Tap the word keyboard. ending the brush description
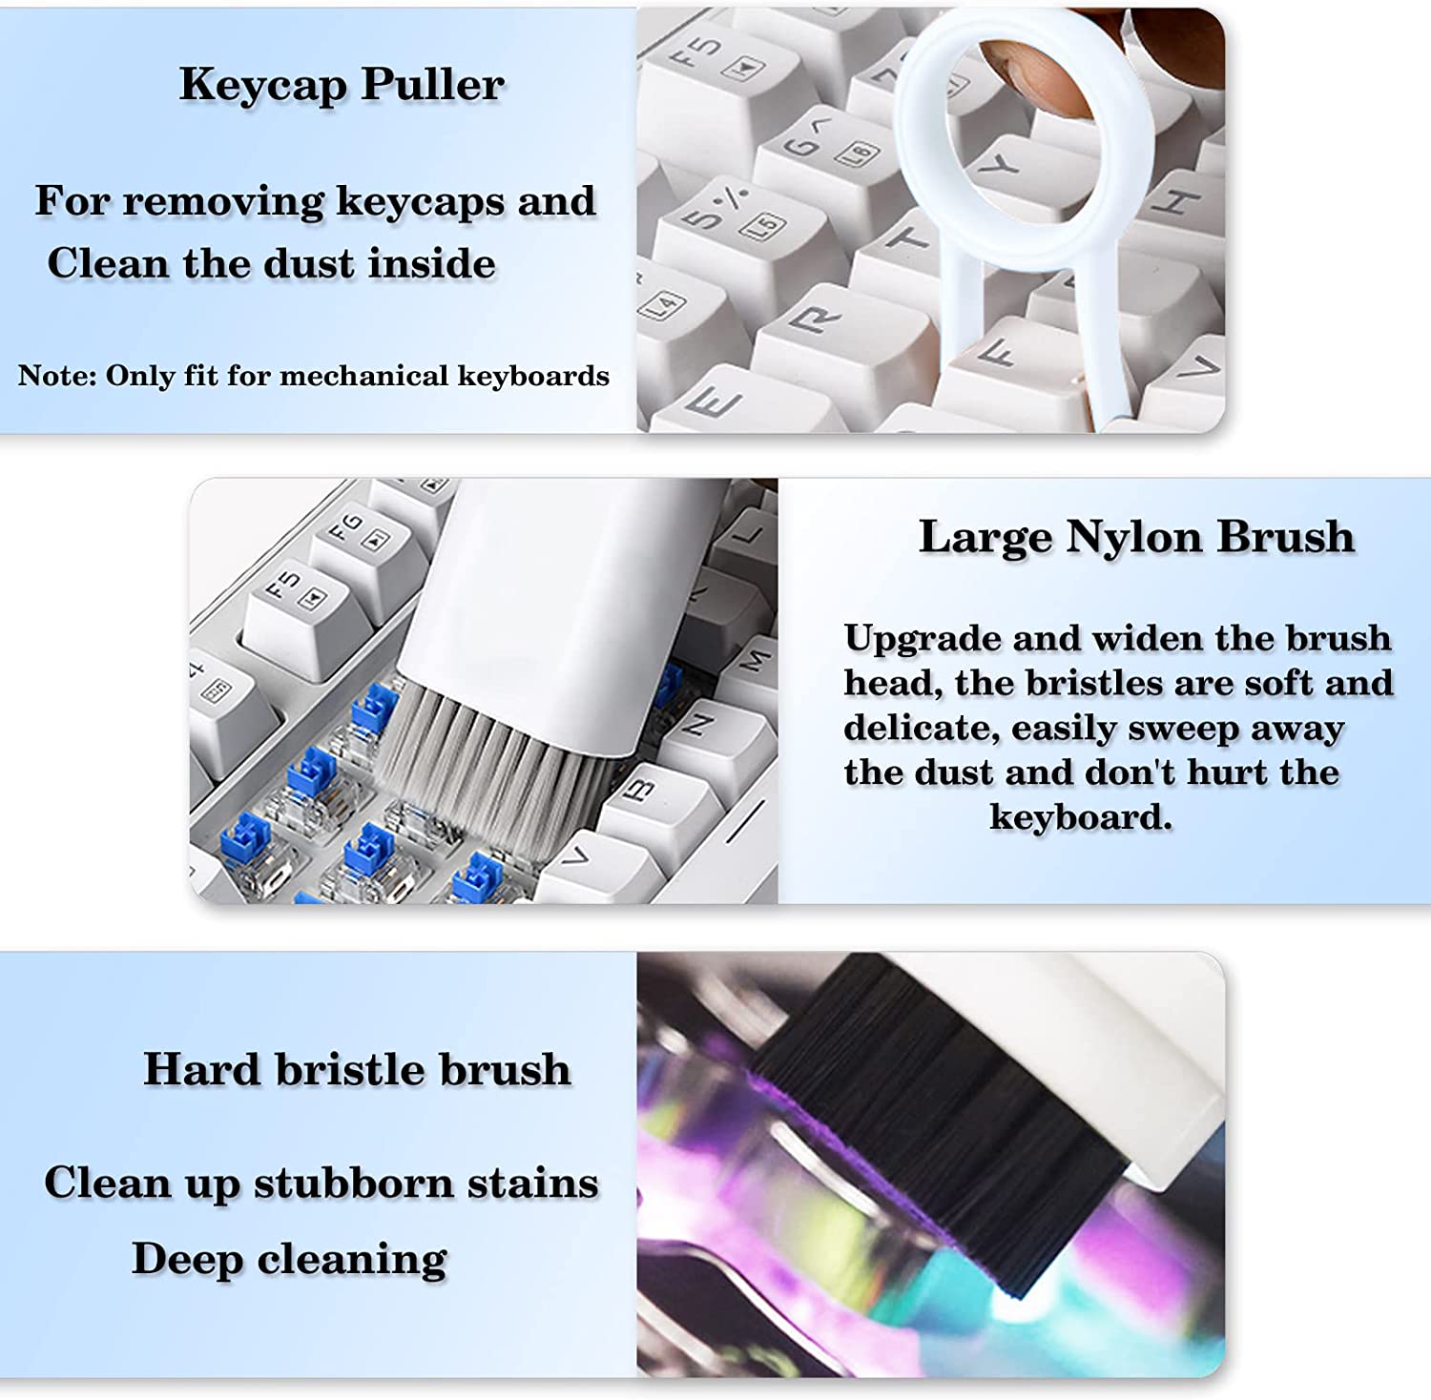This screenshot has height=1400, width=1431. coord(1081,817)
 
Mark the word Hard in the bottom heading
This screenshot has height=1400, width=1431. coord(201,1069)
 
